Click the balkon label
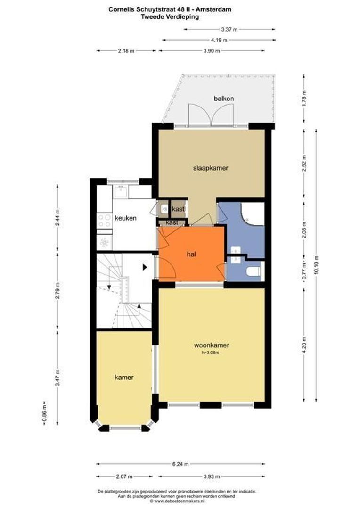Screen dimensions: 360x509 [x=224, y=99]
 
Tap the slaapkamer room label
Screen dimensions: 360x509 [x=211, y=168]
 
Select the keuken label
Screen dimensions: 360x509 [x=126, y=218]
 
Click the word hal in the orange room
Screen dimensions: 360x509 [x=191, y=254]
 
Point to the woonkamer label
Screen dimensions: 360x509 [x=212, y=345]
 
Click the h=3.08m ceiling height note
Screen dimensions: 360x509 [x=210, y=353]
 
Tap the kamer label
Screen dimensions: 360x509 [x=124, y=377]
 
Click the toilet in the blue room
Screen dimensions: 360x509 [x=254, y=271]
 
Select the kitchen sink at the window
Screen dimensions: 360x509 [x=121, y=191]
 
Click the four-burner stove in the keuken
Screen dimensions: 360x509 [x=105, y=221]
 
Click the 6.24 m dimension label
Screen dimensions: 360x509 [x=180, y=464]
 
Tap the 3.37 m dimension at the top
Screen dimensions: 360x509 [x=229, y=30]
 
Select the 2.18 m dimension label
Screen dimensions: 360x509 [x=126, y=51]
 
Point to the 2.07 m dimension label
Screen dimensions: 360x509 [x=124, y=476]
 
